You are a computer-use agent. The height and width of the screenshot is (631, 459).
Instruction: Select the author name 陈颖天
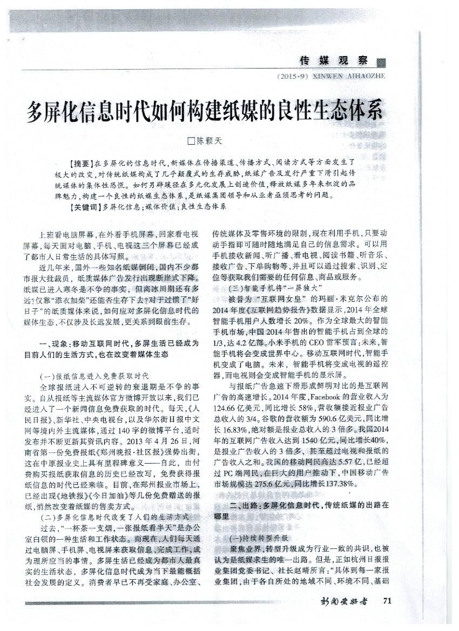(x=209, y=142)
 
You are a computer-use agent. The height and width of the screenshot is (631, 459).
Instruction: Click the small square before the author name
(x=190, y=142)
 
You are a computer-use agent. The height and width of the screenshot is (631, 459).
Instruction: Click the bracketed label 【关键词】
(x=85, y=206)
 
